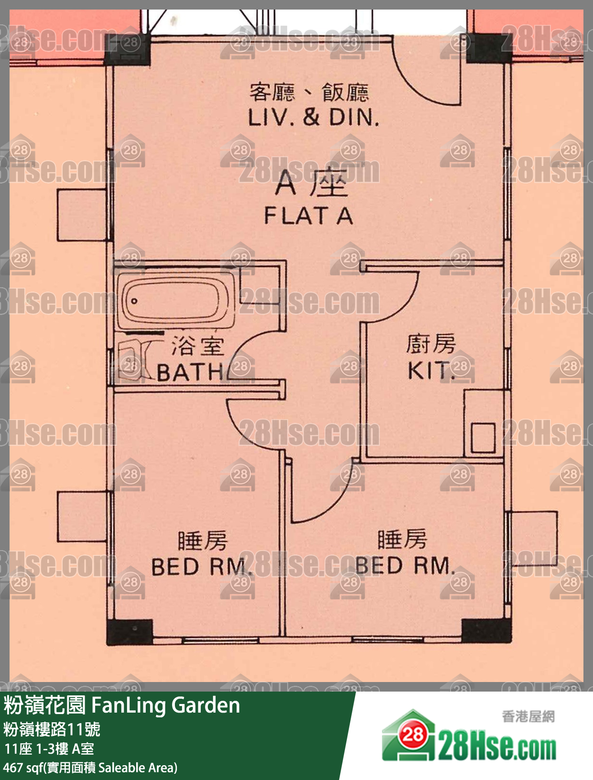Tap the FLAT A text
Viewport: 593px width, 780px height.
click(308, 216)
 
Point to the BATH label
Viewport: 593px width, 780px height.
click(191, 373)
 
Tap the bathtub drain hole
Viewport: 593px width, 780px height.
click(134, 301)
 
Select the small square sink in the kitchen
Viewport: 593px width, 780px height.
click(483, 438)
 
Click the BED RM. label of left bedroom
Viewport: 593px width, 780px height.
click(200, 566)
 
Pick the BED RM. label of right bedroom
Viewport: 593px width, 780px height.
click(405, 565)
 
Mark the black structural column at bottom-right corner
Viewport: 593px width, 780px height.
click(486, 631)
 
